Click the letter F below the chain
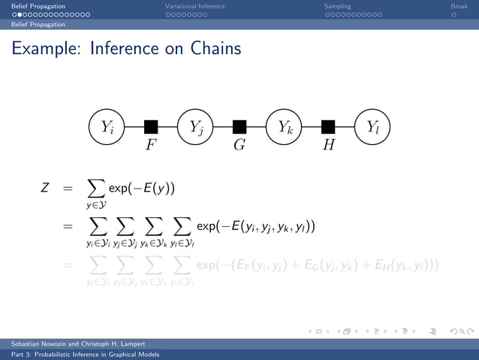[x=151, y=145]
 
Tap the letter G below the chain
[x=239, y=145]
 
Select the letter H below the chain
[x=329, y=145]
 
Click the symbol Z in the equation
[x=45, y=188]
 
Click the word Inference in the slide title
[x=124, y=50]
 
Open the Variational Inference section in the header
[x=194, y=7]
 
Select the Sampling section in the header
[x=337, y=7]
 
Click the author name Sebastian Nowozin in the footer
[x=38, y=342]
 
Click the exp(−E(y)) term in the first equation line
[x=141, y=188]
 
